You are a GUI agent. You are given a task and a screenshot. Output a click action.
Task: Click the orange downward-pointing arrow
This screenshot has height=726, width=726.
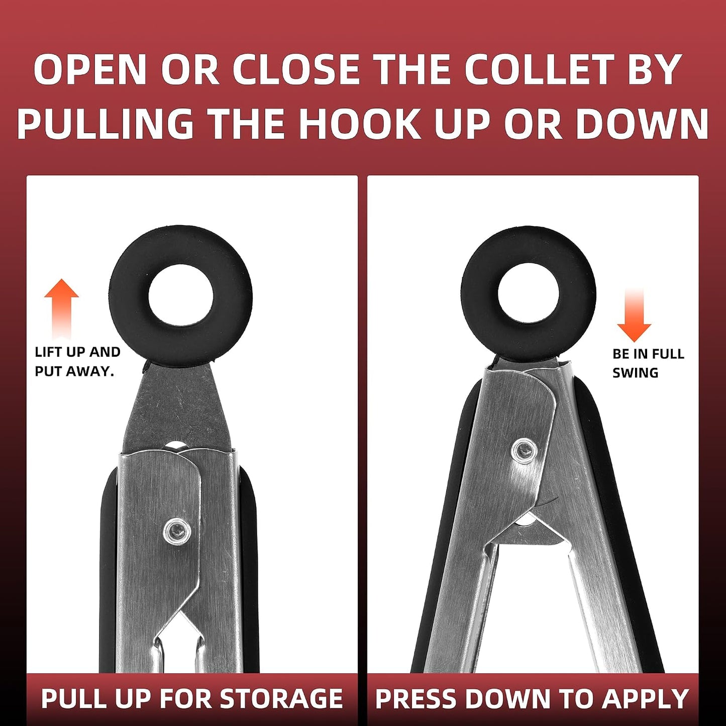(x=634, y=316)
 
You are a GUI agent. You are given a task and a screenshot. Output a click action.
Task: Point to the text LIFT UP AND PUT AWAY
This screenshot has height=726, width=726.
(x=77, y=362)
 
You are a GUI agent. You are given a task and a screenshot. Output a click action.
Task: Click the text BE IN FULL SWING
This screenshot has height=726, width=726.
(x=649, y=363)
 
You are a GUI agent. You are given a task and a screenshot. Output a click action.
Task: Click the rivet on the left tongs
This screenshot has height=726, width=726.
(x=177, y=533)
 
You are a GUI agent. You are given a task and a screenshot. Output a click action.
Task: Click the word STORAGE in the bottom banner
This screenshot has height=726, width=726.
(x=281, y=698)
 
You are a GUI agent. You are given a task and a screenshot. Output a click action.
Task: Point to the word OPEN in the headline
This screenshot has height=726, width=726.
(x=90, y=70)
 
